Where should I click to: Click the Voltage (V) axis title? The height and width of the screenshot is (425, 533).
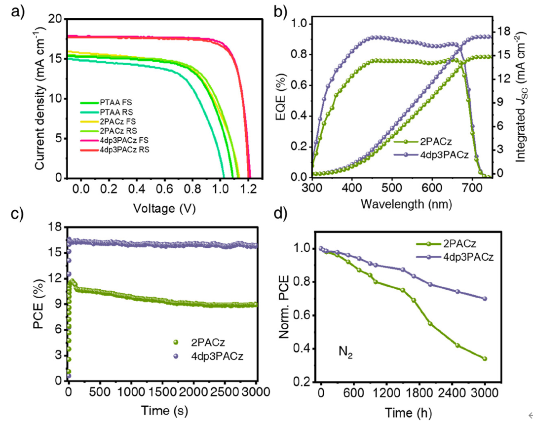point(164,209)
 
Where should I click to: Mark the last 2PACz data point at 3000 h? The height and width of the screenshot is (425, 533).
point(485,359)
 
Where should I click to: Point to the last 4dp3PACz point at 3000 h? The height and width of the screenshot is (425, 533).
point(485,299)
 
